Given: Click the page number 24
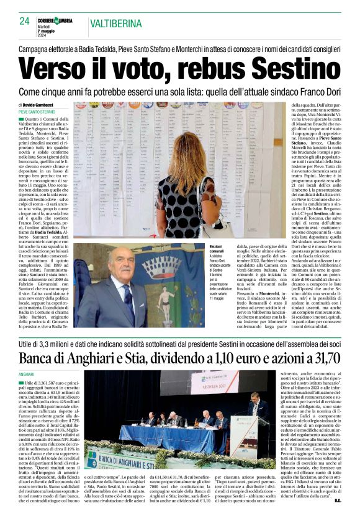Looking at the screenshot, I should click(x=25, y=21).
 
